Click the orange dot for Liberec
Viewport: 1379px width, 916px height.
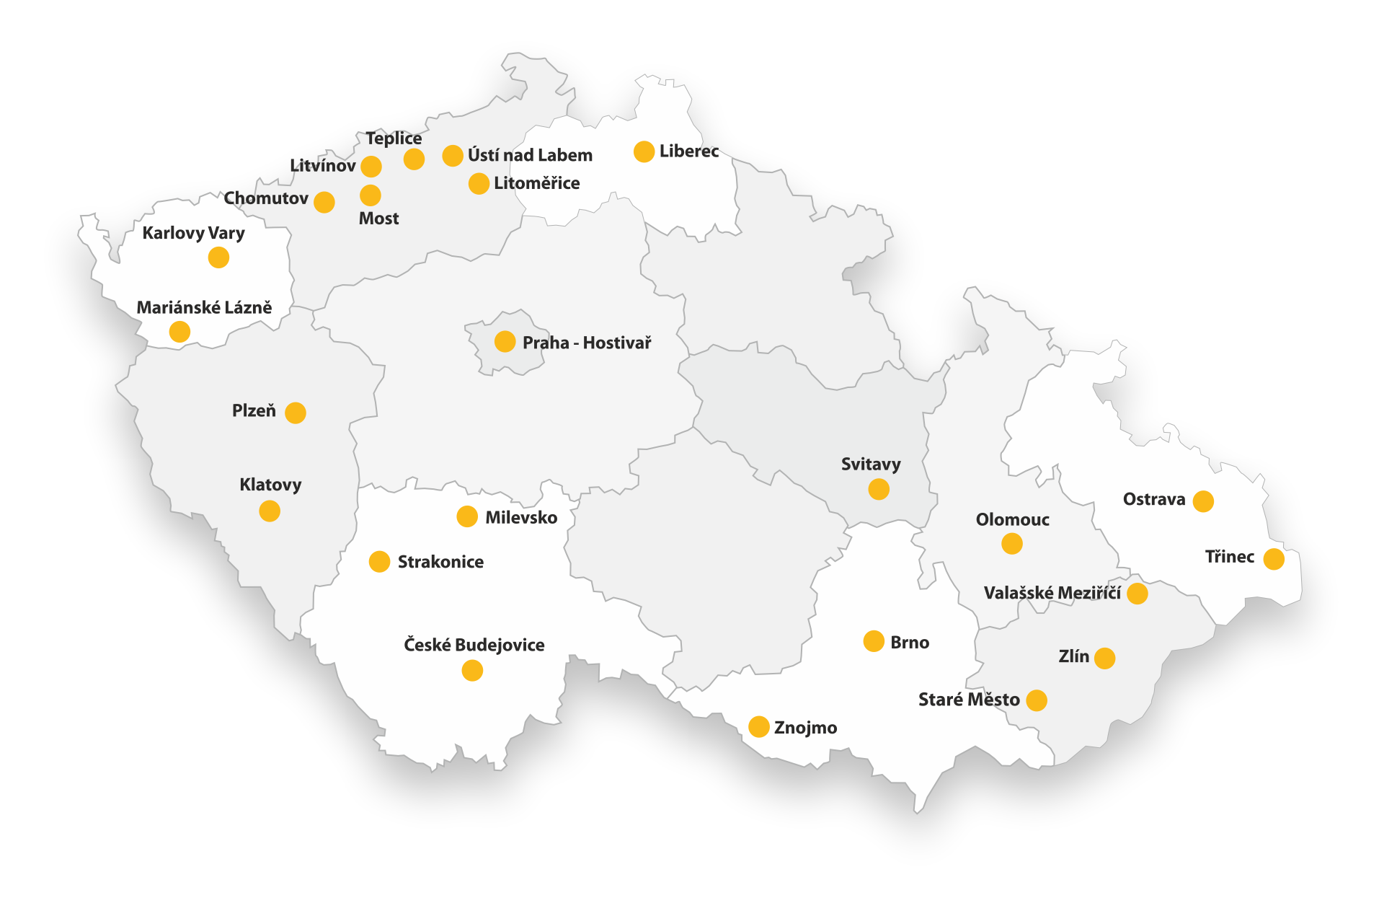(x=644, y=151)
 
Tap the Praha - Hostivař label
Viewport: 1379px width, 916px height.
(x=586, y=343)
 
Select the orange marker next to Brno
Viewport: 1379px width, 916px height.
(x=874, y=641)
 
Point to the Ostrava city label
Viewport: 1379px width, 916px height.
(x=1153, y=499)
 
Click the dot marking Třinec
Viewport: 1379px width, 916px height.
(x=1274, y=559)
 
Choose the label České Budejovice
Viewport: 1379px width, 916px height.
(x=474, y=645)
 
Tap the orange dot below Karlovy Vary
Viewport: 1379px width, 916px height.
(x=218, y=257)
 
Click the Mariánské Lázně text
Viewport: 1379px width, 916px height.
(x=204, y=308)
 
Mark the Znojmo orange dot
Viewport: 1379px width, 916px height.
(x=758, y=726)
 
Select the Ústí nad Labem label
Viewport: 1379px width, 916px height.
(x=530, y=155)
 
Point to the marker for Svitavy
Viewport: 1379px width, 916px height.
(x=879, y=490)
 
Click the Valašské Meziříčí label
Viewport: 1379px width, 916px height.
(x=1052, y=593)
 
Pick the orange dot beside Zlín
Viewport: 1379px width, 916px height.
(x=1104, y=658)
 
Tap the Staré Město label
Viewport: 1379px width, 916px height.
(x=969, y=700)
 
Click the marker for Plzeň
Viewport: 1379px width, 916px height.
(x=296, y=413)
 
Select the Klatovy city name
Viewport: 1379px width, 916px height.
(x=270, y=485)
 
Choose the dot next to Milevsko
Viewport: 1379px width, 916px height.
(x=467, y=516)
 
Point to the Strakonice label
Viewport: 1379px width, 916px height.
(x=440, y=562)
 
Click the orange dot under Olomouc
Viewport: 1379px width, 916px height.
(x=1012, y=544)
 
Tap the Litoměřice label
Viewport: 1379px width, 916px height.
(x=536, y=183)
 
